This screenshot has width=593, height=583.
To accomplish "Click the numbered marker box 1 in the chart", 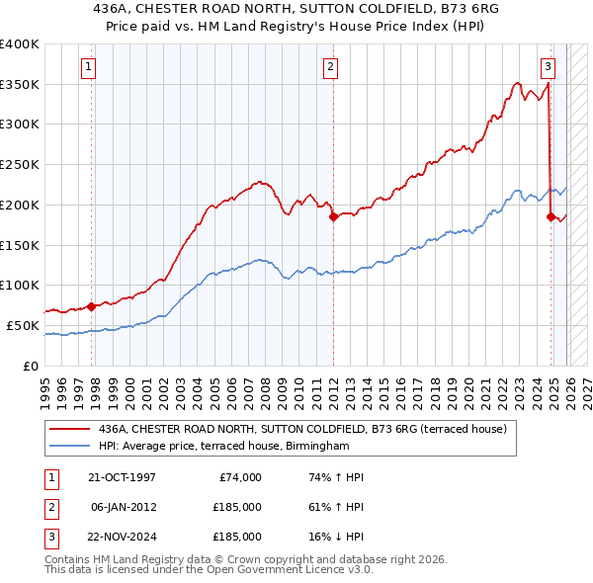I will click(x=89, y=67).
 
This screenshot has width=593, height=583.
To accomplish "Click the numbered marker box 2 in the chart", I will click(x=329, y=67).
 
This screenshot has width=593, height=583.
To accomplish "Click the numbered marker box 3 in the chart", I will click(x=548, y=67).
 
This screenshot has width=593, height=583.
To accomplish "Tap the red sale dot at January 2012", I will click(x=333, y=216).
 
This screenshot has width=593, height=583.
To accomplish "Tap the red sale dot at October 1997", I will click(x=92, y=306).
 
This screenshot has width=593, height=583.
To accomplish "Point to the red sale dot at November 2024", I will click(x=551, y=216).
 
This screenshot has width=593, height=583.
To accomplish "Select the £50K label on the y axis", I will click(x=23, y=325).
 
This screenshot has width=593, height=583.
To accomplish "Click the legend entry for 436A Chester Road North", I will click(x=302, y=429).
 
